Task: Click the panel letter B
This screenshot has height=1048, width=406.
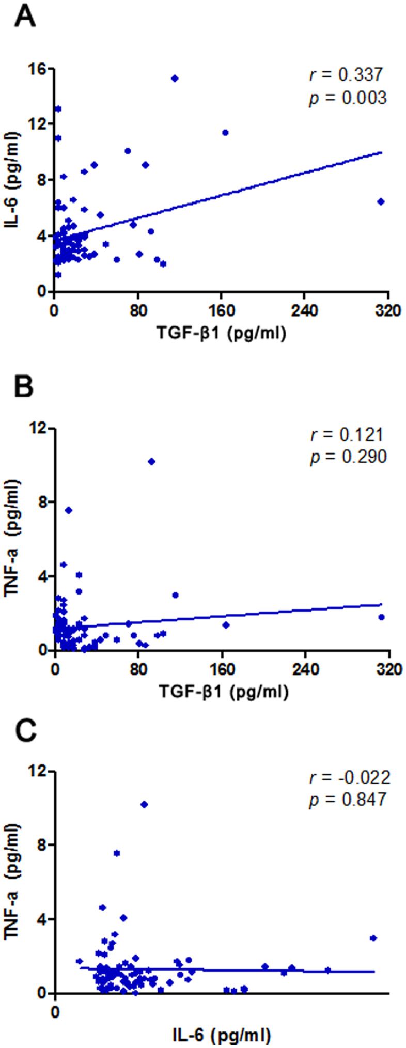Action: pyautogui.click(x=24, y=387)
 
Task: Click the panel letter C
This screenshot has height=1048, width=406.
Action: pyautogui.click(x=25, y=731)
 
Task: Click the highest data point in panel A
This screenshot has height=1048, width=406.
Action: pyautogui.click(x=175, y=79)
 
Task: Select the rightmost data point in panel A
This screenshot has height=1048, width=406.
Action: pyautogui.click(x=381, y=201)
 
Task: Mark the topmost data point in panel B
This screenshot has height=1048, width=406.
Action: pyautogui.click(x=151, y=461)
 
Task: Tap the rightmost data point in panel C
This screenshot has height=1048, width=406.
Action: pyautogui.click(x=373, y=937)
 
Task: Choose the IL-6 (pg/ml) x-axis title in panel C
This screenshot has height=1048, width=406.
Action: pyautogui.click(x=222, y=1034)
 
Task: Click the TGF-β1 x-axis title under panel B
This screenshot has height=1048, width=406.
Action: pyautogui.click(x=223, y=692)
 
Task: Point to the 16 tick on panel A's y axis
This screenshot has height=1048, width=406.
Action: pyautogui.click(x=39, y=69)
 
